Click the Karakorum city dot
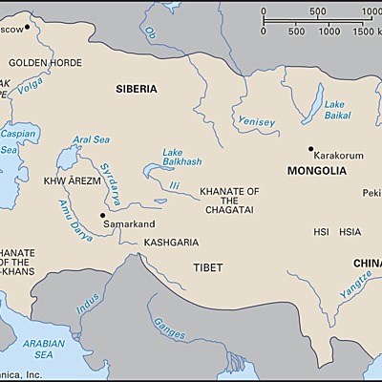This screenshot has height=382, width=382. point(311,149)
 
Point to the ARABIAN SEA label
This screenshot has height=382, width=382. point(45,349)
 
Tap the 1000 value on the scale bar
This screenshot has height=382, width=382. point(329,32)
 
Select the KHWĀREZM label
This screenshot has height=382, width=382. point(68,180)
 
